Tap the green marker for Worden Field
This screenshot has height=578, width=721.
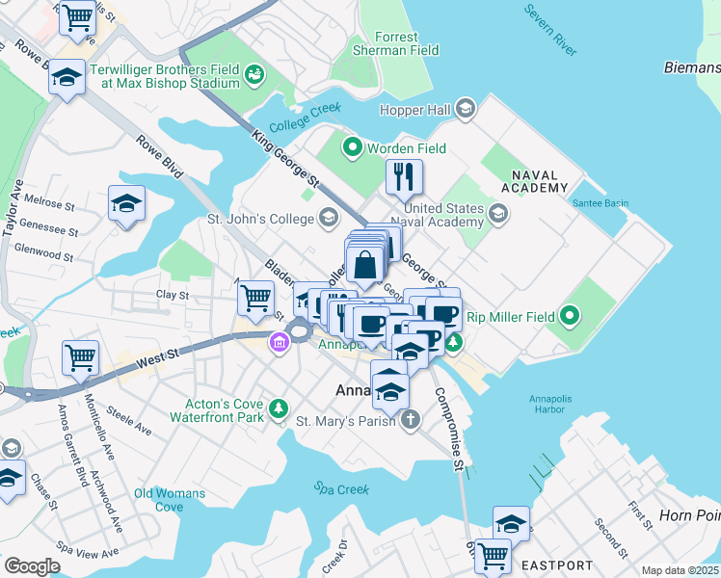(x=353, y=148)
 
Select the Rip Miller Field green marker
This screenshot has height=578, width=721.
(x=570, y=315)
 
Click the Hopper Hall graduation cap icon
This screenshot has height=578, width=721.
(x=467, y=110)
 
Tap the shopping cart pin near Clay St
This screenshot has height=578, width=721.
(x=256, y=298)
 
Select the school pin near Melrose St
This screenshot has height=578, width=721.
(x=126, y=204)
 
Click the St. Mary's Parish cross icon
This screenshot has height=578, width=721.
(x=412, y=419)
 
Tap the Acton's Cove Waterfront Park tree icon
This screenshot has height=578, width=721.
(x=279, y=409)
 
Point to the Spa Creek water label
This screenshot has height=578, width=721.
(x=340, y=489)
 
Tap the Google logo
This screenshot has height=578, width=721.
(x=32, y=566)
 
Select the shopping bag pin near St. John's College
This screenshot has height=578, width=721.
(x=366, y=263)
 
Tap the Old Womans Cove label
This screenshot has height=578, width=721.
(x=170, y=500)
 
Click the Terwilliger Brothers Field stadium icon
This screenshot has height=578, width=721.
(x=254, y=73)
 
